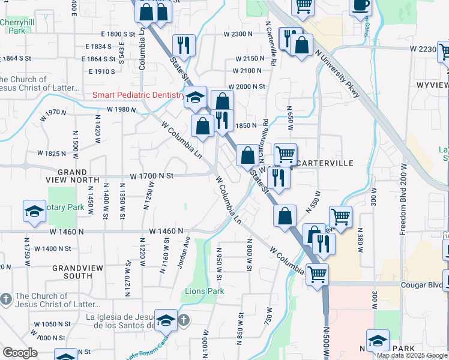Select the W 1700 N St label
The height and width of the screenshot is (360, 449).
coord(152,176)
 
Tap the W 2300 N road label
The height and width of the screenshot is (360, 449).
coord(238,34)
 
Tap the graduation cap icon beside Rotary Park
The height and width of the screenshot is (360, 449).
coord(34,210)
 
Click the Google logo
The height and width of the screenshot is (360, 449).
coord(20,353)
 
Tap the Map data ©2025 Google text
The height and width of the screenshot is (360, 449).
coord(412,355)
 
